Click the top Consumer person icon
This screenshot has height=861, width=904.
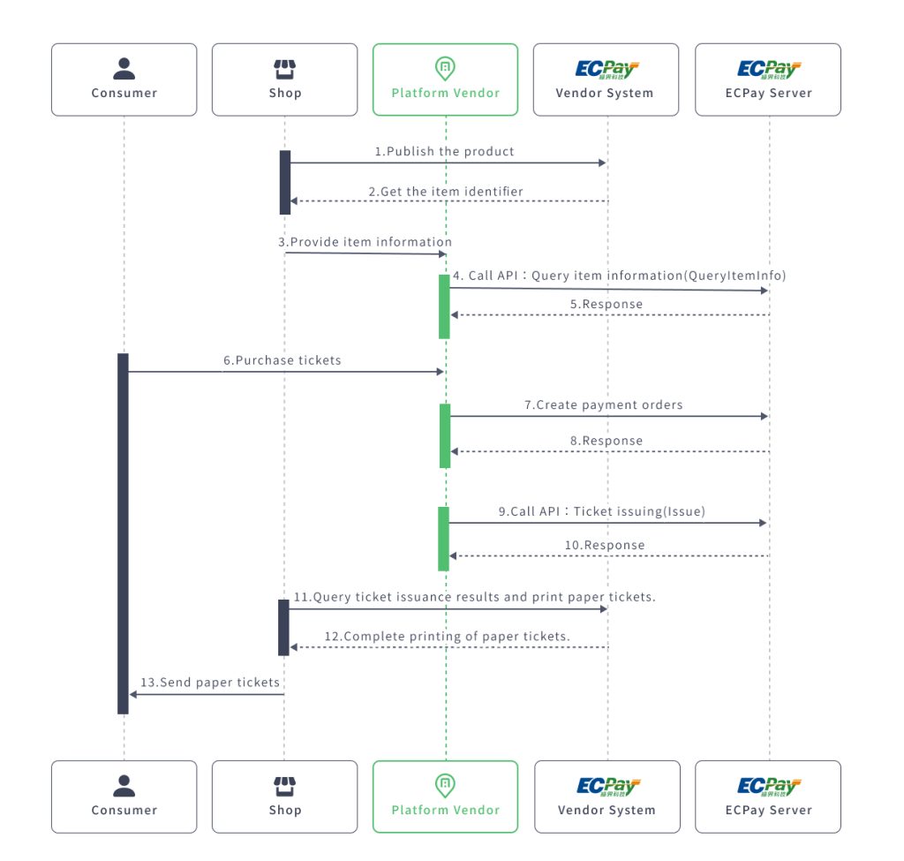[124, 68]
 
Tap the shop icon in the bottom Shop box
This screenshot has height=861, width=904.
[284, 785]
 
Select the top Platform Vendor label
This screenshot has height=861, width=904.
[445, 93]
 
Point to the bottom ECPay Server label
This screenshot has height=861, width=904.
[768, 810]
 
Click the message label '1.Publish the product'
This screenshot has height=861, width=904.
[444, 151]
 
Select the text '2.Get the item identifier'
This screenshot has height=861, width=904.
[445, 191]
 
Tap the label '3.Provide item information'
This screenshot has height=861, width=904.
[365, 242]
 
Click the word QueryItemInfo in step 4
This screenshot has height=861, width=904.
[734, 276]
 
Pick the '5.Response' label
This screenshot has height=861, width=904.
[606, 304]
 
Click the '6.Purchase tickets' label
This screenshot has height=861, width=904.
[282, 360]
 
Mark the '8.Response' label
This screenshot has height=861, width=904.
[606, 441]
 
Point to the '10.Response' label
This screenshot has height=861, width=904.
[605, 545]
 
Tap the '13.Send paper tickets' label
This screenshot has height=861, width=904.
[209, 683]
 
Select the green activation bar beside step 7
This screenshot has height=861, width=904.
[445, 435]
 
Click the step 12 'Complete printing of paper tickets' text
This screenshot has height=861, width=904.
[447, 636]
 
